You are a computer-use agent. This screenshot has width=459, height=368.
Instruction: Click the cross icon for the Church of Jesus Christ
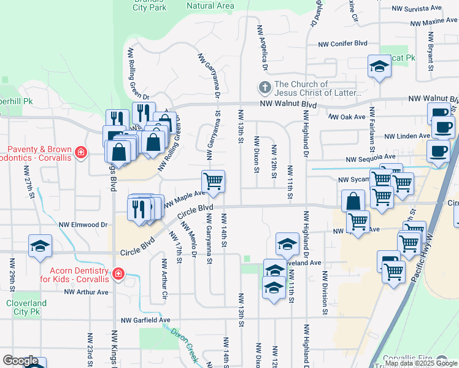click(x=264, y=88)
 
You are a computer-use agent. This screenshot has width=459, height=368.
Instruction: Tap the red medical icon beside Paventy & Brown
click(x=80, y=151)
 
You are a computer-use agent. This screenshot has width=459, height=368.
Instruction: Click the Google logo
click(x=20, y=361)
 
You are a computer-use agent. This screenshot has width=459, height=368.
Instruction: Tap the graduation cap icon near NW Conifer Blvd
click(x=379, y=65)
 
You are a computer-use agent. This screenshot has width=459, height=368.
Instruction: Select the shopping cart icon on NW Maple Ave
click(x=213, y=182)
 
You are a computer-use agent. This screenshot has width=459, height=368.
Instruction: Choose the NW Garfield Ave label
click(x=145, y=320)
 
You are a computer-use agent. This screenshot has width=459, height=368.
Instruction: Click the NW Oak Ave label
click(x=347, y=117)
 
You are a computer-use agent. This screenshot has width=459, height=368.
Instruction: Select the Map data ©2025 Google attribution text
click(x=421, y=363)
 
